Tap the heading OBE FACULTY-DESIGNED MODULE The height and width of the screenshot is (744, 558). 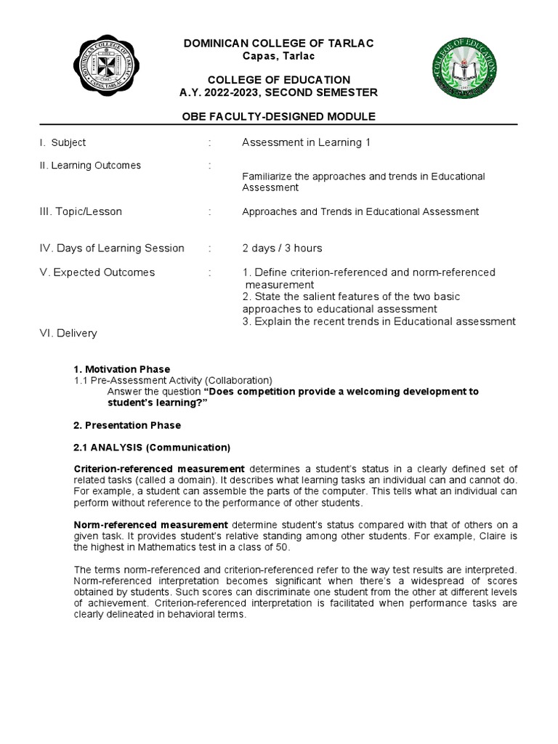(278, 117)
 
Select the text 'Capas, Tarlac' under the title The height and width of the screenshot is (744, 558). (278, 57)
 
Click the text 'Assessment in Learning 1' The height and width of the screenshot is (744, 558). (306, 142)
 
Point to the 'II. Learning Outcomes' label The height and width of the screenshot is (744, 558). (90, 166)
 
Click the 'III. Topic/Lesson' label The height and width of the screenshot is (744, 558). (81, 211)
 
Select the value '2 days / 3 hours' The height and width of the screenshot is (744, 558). (282, 248)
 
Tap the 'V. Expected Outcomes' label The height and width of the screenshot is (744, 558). (97, 272)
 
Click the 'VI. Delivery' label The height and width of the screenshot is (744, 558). (68, 333)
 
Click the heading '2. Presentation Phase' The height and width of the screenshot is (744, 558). (127, 425)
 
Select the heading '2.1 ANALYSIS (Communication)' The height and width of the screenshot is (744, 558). (152, 447)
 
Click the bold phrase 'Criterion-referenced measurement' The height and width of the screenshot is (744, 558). (159, 468)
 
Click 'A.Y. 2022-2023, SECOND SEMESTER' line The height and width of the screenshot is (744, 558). (278, 92)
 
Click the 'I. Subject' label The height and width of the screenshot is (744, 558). (62, 142)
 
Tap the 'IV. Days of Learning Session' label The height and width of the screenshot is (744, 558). (112, 248)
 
